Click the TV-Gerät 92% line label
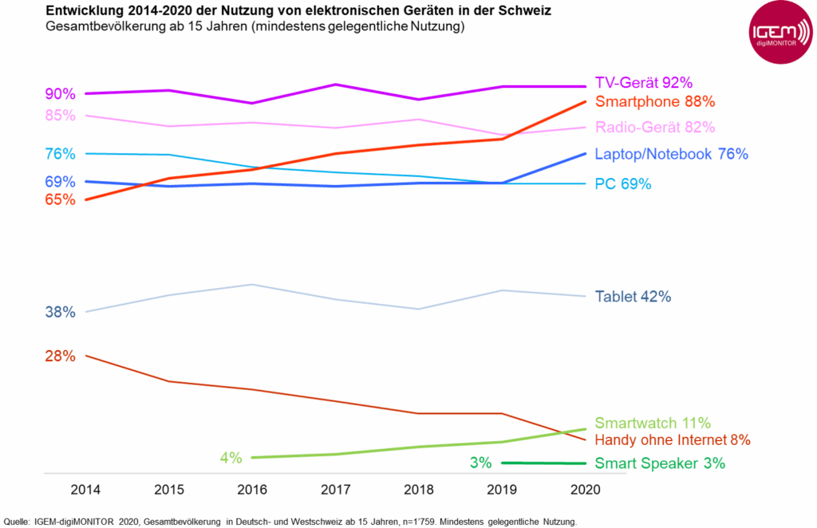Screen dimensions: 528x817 643,82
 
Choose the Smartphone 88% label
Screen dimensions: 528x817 654,102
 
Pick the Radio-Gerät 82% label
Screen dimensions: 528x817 654,128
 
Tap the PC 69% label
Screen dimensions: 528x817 623,184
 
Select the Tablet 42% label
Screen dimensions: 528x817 633,297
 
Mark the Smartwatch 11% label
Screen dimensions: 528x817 653,423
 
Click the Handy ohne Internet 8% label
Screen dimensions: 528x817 673,439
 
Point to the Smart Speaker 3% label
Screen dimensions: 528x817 660,463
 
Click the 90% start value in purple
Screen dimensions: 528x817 60,94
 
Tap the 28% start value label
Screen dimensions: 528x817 60,357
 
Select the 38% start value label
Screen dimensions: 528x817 60,313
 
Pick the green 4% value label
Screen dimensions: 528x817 231,458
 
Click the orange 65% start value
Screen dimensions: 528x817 60,200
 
